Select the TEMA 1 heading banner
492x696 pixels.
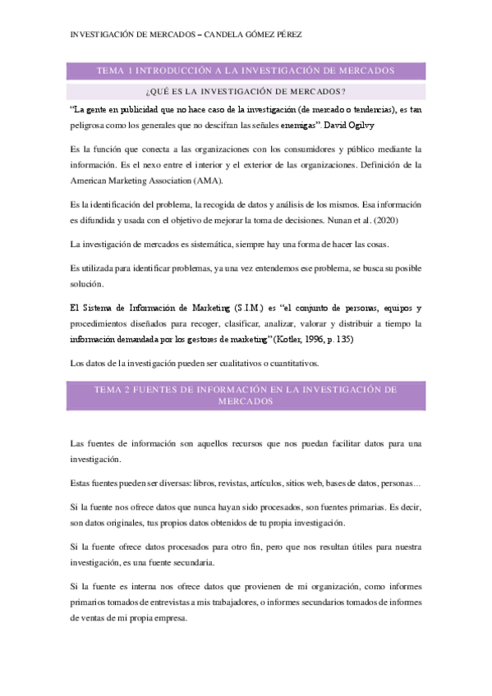tap(246, 71)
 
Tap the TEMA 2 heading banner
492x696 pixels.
tap(246, 394)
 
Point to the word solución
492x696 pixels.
tap(85, 284)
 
